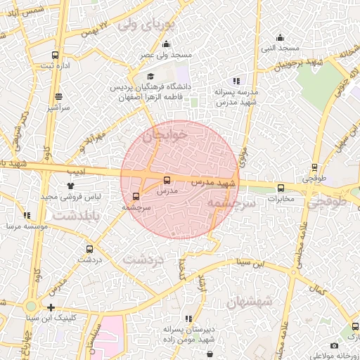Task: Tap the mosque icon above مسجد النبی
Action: tap(281, 38)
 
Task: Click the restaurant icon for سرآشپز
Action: tap(57, 97)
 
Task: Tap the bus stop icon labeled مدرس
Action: tap(167, 180)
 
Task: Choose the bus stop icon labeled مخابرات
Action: tap(281, 188)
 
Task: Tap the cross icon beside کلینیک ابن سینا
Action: tap(51, 307)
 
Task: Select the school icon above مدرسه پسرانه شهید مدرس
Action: tap(236, 81)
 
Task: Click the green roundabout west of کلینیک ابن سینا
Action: tap(30, 307)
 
